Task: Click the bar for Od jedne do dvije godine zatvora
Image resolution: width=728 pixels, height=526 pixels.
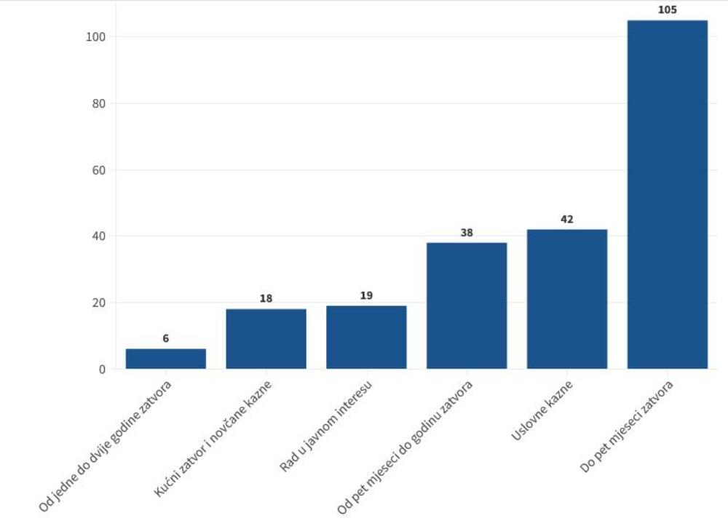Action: (166, 359)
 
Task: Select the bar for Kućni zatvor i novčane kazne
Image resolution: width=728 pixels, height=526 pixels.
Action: (266, 339)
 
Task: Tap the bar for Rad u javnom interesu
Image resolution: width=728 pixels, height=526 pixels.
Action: (366, 337)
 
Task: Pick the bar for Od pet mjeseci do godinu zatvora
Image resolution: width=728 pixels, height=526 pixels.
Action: (467, 306)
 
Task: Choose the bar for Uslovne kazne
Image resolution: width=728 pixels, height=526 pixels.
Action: (567, 299)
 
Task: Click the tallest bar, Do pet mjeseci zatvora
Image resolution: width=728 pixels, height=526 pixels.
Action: (667, 194)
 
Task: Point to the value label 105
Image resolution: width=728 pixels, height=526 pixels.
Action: (667, 10)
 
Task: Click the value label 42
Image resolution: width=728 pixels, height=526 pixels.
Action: (567, 219)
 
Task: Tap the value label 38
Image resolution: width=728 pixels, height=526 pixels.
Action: (467, 233)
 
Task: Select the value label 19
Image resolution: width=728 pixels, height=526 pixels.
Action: (366, 295)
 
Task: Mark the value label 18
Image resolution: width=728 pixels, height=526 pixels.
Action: (266, 298)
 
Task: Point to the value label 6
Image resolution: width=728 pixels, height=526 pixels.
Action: (166, 338)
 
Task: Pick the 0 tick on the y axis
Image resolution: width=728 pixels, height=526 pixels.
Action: (102, 370)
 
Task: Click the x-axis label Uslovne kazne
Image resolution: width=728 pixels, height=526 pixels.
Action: (542, 410)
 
